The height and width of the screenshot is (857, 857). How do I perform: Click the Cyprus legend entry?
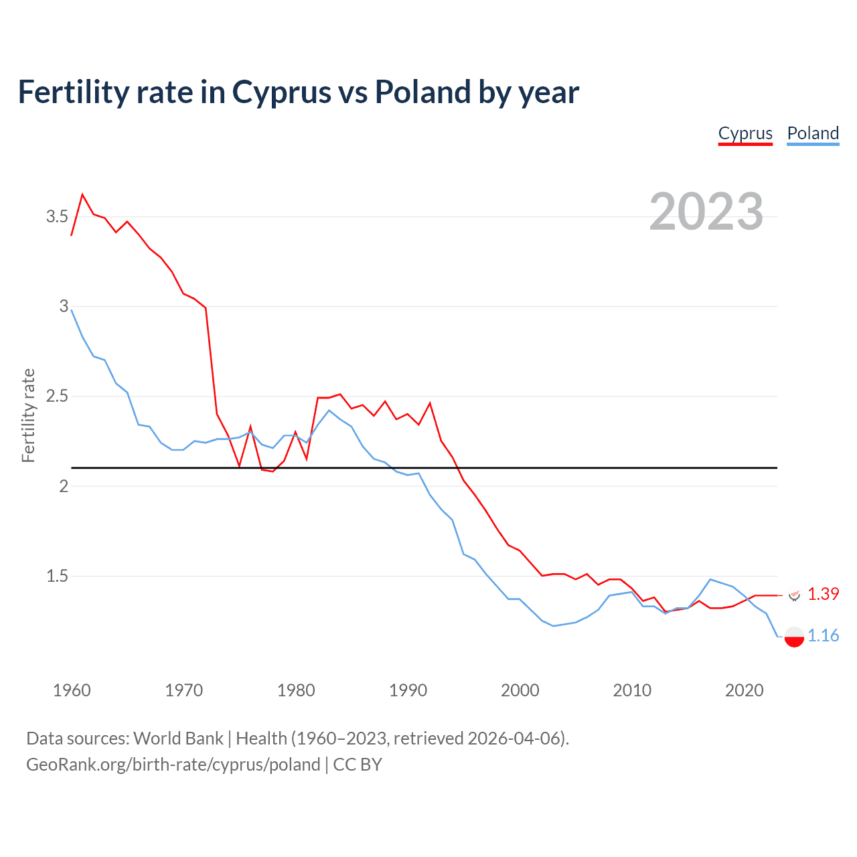[745, 133]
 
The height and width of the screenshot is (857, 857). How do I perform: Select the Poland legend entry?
[813, 133]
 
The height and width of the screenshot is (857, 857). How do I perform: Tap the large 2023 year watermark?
[706, 212]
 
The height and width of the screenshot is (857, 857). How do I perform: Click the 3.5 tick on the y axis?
[57, 216]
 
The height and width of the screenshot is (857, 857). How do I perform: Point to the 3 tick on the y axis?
[64, 306]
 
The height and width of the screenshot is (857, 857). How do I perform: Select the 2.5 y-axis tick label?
[57, 396]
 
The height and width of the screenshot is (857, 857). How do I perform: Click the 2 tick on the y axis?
[64, 485]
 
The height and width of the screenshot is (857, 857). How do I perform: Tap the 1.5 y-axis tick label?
[57, 576]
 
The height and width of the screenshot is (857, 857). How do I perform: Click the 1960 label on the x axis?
[72, 690]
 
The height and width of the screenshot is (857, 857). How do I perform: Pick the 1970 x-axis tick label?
[183, 690]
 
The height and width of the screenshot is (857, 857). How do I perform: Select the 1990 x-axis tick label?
[408, 690]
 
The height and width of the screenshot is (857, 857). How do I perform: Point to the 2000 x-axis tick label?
[520, 690]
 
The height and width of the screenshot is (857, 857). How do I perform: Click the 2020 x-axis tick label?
[744, 690]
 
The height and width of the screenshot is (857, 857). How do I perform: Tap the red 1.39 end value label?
[823, 594]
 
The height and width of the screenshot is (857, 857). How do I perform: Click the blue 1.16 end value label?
[823, 635]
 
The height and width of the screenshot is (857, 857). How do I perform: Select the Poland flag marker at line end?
[794, 637]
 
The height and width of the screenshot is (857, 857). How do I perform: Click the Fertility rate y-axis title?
[28, 415]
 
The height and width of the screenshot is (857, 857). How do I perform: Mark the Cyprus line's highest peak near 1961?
[82, 195]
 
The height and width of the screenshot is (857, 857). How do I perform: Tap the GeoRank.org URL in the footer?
[173, 765]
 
